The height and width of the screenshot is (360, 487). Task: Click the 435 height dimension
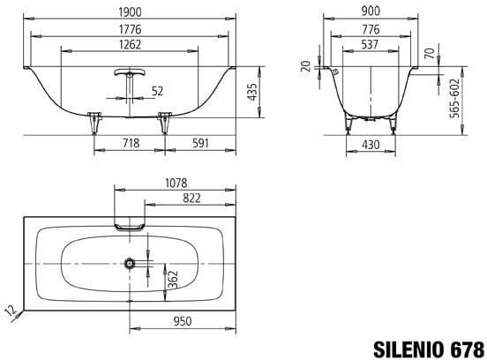point(253,90)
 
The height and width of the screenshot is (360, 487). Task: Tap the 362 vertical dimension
point(174,278)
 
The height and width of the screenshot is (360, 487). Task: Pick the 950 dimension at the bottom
point(183,324)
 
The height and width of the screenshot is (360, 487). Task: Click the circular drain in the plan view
point(131,263)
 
